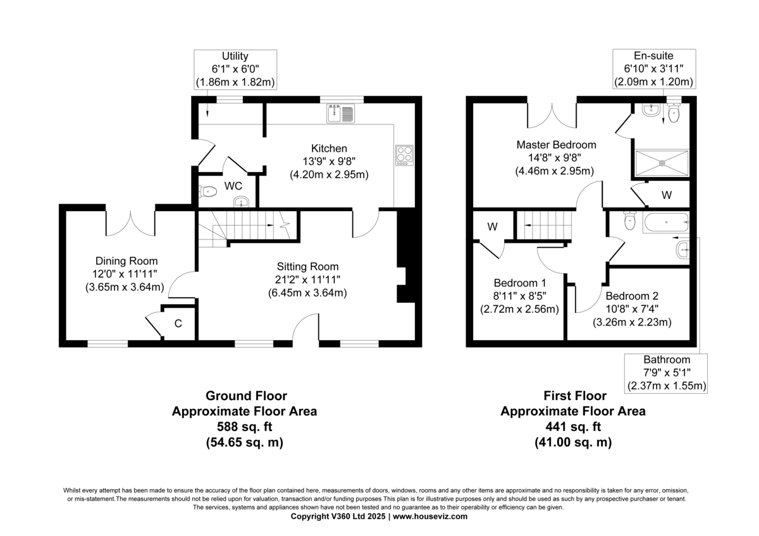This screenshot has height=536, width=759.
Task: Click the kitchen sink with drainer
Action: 340,113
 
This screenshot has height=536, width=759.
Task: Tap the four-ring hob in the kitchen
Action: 404,155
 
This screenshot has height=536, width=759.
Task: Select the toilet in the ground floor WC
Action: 207,192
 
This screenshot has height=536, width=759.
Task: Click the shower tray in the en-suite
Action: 662,163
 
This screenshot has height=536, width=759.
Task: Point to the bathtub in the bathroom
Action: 666,222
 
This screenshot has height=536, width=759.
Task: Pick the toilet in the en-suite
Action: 674,113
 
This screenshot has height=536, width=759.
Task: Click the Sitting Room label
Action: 307,267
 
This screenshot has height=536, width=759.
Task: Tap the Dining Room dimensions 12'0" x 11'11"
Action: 125,274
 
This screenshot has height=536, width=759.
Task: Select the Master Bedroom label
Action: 556,145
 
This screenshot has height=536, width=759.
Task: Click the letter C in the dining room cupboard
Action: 178,324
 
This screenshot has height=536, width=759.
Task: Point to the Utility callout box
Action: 235,70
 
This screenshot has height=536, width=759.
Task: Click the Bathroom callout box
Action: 666,373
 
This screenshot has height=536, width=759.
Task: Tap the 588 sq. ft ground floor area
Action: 244,427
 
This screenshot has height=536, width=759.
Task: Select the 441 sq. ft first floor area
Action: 573,427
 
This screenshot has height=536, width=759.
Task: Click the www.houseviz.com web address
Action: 430,516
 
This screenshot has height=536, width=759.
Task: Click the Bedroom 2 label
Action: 632,296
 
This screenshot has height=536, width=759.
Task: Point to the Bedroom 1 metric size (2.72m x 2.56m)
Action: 519,309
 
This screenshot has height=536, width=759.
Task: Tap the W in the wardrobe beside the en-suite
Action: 667,195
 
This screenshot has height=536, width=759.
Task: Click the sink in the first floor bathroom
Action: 682,250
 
